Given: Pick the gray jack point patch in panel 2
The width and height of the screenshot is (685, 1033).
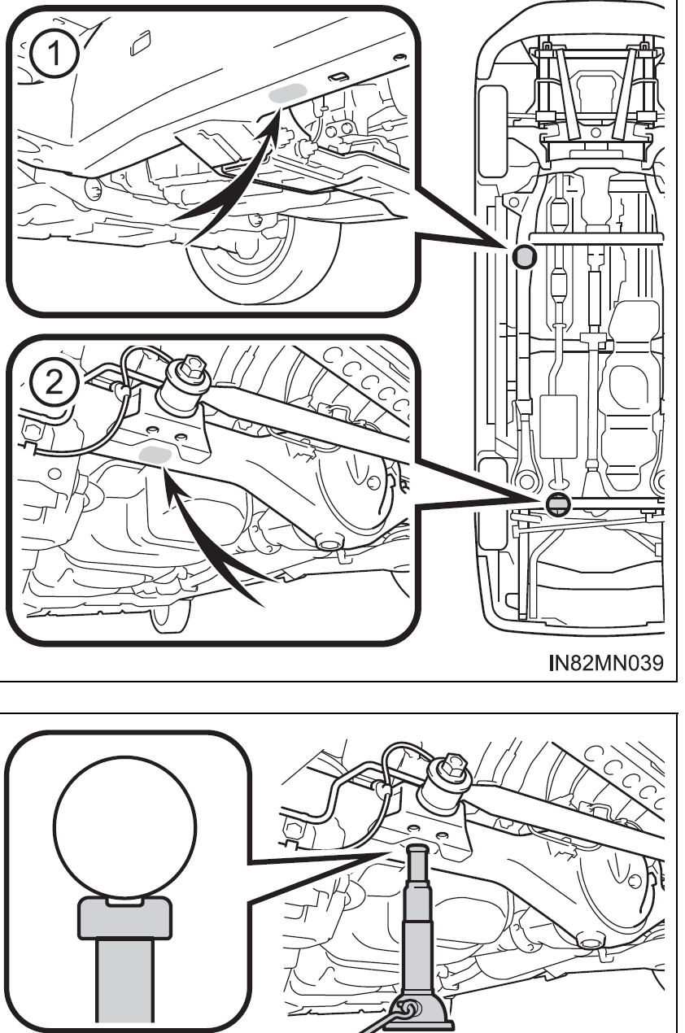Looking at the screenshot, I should tap(154, 456).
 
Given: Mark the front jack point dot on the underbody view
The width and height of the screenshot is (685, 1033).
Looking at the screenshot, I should tap(525, 257).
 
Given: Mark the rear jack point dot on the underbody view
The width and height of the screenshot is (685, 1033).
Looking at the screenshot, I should tap(557, 505).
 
